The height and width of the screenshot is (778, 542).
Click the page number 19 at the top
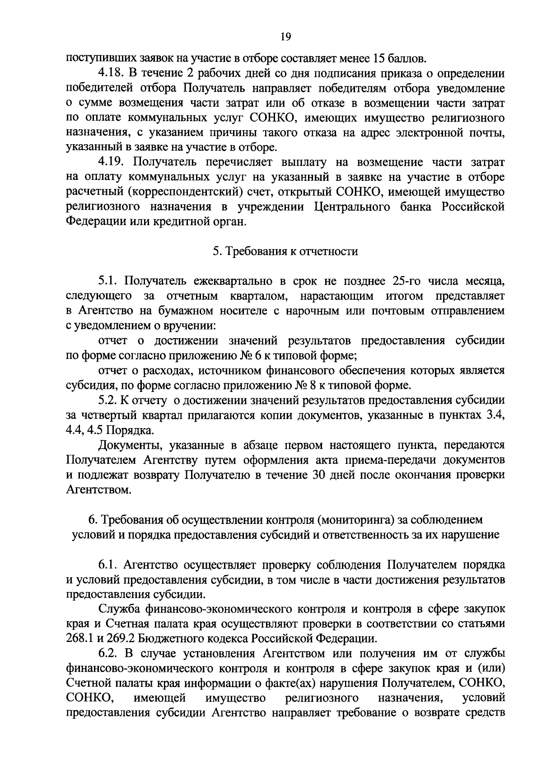pos(285,37)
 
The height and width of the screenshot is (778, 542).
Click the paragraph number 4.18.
pos(111,73)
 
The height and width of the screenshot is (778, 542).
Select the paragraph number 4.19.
pos(111,162)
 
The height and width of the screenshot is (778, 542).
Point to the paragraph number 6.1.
pos(108,565)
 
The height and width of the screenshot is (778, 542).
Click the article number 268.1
pos(79,639)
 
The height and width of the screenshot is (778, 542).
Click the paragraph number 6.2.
pos(108,654)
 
